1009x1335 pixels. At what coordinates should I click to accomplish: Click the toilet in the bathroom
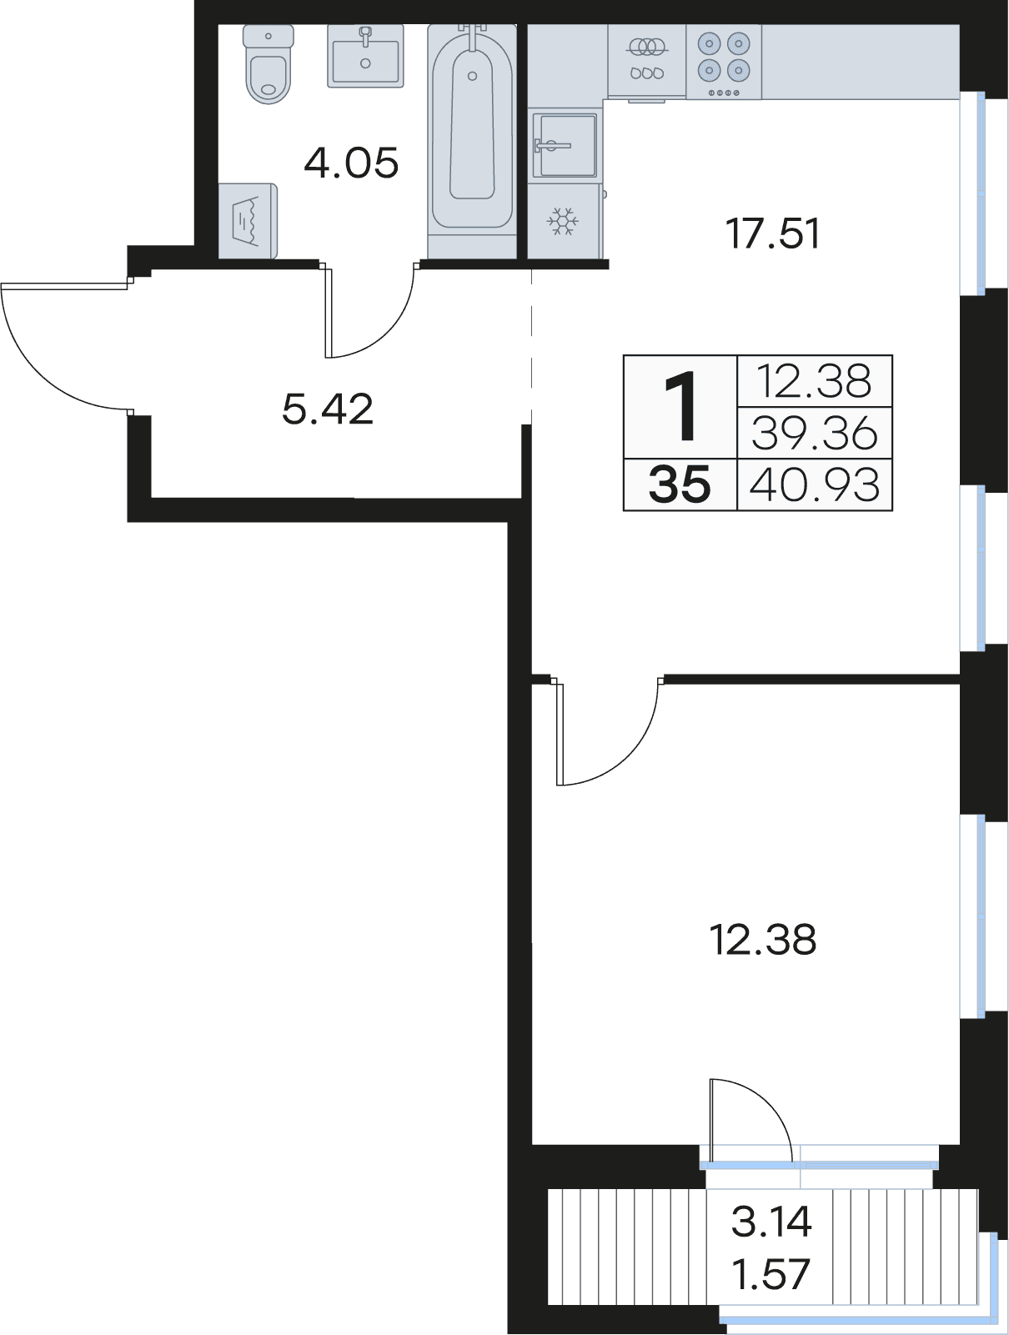click(x=269, y=64)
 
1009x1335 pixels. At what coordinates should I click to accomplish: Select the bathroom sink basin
click(x=365, y=56)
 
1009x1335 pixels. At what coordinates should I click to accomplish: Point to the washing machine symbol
click(x=248, y=221)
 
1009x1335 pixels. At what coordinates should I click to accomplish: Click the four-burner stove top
click(x=724, y=62)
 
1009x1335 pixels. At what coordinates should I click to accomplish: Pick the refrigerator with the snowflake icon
click(x=563, y=221)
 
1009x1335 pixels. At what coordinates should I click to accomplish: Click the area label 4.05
click(x=352, y=163)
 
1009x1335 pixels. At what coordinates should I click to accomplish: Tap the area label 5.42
click(x=327, y=409)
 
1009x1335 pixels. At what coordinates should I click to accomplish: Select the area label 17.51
click(x=773, y=233)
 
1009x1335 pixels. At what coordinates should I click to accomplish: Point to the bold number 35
click(x=680, y=484)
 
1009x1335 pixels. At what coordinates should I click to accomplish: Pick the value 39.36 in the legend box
click(x=815, y=434)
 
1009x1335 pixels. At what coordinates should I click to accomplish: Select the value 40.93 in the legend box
click(x=815, y=484)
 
